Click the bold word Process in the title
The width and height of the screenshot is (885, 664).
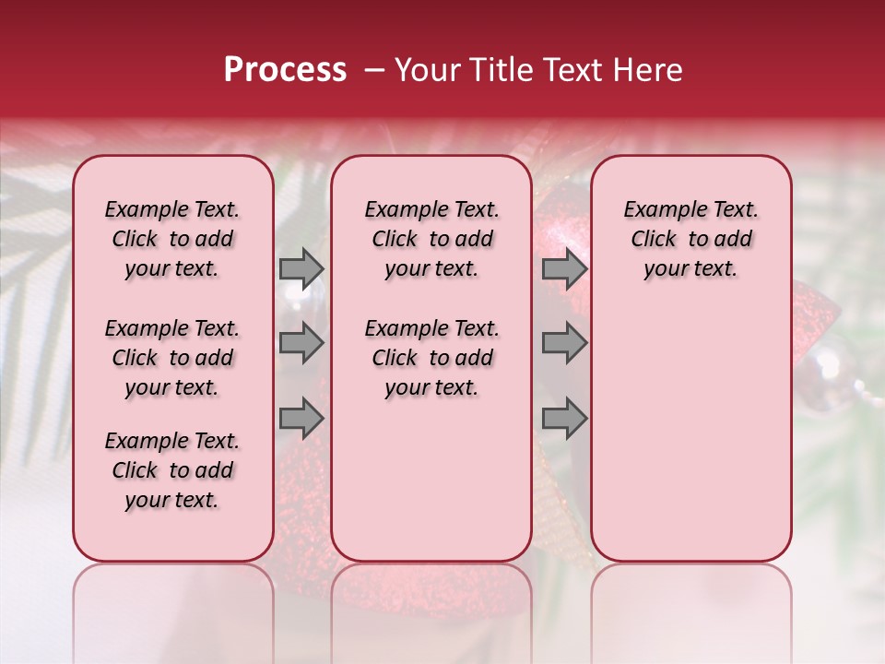(x=285, y=70)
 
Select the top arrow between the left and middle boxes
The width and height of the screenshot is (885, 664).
(x=301, y=268)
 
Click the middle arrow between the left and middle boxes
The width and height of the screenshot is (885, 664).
(x=301, y=344)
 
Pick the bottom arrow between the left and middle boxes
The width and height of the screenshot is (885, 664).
(x=301, y=419)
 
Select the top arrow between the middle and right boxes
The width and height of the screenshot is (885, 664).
(x=564, y=268)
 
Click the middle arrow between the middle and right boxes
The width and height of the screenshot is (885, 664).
(x=564, y=344)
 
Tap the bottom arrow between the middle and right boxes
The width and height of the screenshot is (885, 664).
(x=564, y=419)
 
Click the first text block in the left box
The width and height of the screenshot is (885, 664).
(x=172, y=239)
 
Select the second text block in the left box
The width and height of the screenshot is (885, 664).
(x=172, y=358)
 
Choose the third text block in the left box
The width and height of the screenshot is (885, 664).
(x=172, y=470)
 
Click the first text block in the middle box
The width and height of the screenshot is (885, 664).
(x=431, y=239)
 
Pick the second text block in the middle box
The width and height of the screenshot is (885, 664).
(x=431, y=358)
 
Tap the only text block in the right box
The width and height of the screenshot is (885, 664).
(x=690, y=239)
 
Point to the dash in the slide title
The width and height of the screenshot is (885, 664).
(x=374, y=71)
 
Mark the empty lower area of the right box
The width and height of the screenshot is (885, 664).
(x=690, y=433)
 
